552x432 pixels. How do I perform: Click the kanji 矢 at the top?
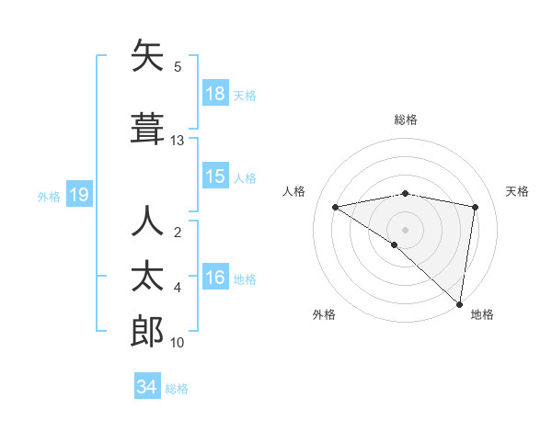click(147, 58)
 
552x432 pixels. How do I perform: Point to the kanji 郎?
click(147, 331)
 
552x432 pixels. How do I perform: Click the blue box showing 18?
click(215, 94)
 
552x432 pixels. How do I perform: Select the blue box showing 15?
click(215, 176)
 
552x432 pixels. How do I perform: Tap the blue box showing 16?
click(215, 278)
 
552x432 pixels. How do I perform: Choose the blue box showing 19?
click(78, 195)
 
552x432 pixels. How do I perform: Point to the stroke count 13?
click(178, 141)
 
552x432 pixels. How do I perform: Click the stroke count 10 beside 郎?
click(178, 343)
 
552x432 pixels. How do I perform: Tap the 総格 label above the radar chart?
click(405, 119)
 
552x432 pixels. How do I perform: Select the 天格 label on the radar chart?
click(517, 191)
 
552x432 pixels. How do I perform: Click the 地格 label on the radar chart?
click(482, 314)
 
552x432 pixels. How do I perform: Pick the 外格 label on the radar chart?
click(323, 314)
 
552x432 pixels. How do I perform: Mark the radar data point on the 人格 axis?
click(336, 207)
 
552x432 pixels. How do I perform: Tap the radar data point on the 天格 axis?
click(476, 207)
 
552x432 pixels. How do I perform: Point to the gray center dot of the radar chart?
click(405, 229)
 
